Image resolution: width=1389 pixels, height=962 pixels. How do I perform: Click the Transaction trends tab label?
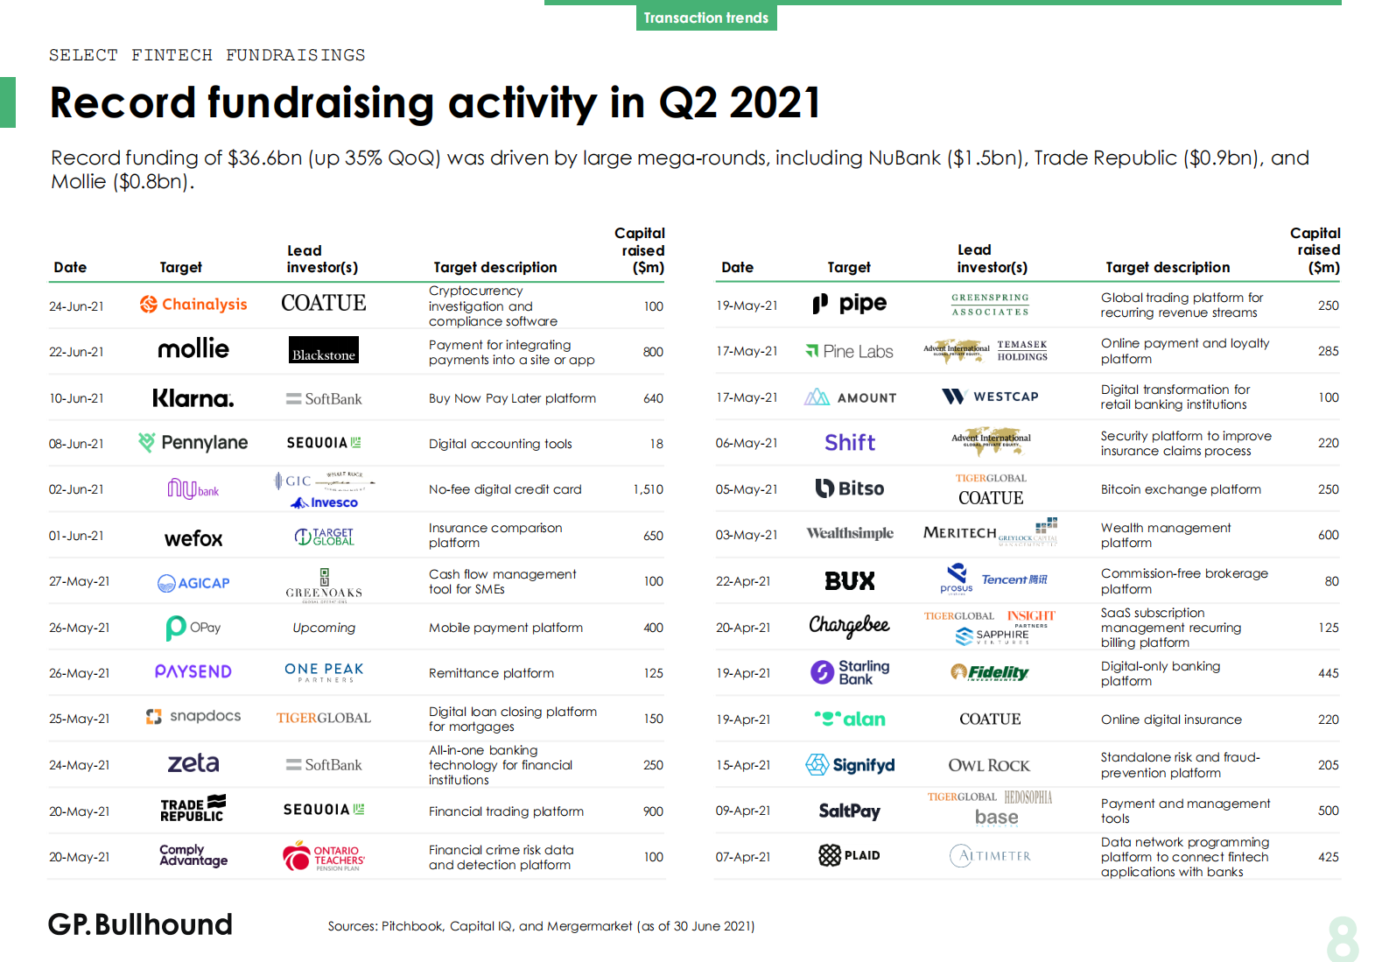tap(705, 18)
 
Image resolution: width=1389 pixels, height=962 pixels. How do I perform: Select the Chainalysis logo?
tap(193, 305)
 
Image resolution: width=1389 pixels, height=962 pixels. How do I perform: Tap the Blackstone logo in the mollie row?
tap(324, 350)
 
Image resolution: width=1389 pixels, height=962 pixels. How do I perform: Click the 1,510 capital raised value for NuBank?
tap(648, 489)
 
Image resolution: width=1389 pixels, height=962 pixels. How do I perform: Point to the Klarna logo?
tap(193, 398)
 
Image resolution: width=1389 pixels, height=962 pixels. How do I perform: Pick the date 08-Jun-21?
tap(76, 444)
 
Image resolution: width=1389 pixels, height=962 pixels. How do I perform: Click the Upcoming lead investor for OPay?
tap(324, 628)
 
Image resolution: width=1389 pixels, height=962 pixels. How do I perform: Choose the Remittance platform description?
tap(491, 673)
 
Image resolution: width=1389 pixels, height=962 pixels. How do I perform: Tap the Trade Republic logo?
tap(193, 810)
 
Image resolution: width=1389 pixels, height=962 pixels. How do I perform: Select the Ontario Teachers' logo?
tap(324, 857)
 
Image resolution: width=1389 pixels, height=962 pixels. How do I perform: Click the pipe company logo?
tap(850, 304)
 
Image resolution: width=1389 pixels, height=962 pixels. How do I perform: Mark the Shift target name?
tap(849, 443)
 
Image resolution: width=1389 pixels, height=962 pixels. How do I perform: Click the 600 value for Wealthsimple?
tap(1328, 535)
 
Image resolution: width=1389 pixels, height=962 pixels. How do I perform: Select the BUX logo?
tap(850, 581)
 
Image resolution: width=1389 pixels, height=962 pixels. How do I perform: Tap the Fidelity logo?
tap(990, 672)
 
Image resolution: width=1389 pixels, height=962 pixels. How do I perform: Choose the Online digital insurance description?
tap(1171, 720)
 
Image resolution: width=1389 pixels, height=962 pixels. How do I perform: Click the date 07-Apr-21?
tap(743, 857)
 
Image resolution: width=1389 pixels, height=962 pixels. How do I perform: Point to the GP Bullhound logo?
tap(141, 924)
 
